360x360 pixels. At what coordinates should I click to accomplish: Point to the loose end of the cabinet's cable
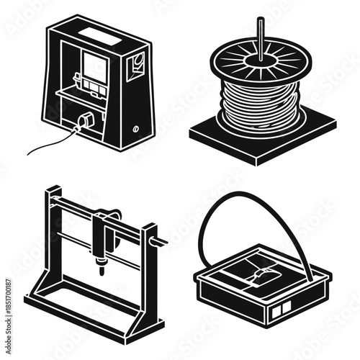[x=29, y=152]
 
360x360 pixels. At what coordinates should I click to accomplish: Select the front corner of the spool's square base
[x=253, y=160]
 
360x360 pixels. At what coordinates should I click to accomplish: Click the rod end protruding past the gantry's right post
[x=163, y=241]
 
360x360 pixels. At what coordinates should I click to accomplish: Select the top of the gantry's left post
[x=52, y=191]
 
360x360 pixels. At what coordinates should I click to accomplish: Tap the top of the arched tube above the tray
[x=252, y=195]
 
